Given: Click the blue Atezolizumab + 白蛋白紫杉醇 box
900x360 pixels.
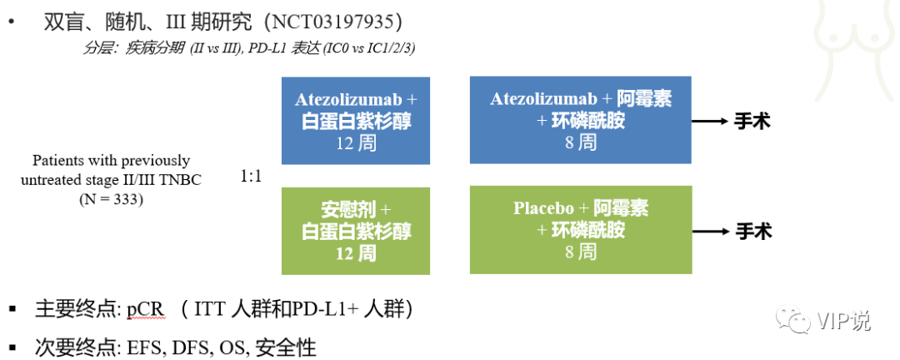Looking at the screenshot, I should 356,120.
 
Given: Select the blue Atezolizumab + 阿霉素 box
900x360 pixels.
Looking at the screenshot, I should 580,120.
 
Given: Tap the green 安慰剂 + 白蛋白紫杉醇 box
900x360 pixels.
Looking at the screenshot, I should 356,231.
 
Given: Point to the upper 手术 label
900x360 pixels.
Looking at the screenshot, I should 752,122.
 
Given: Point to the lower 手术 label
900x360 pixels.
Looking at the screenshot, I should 752,232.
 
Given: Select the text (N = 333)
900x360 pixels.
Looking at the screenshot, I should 111,199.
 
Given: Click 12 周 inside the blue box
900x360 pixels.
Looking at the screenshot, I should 356,142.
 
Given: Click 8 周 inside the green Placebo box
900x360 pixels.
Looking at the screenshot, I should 580,252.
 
